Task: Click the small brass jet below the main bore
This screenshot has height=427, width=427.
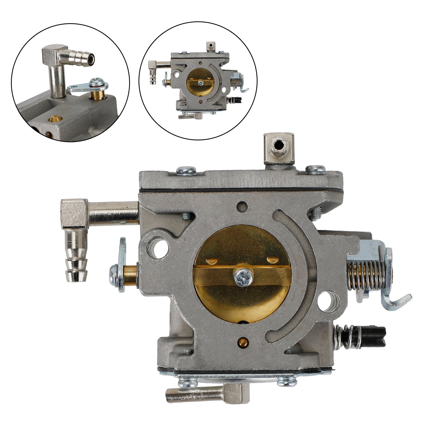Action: [242, 341]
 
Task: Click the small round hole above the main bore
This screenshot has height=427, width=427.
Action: [243, 206]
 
